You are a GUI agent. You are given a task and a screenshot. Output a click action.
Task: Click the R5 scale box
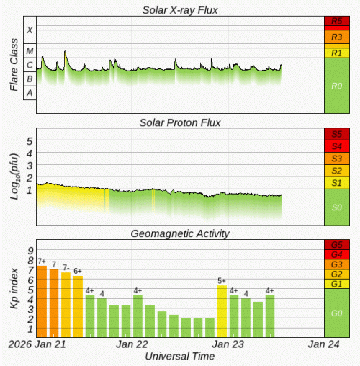click(x=336, y=22)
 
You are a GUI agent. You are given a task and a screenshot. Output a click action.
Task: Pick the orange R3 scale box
click(x=336, y=36)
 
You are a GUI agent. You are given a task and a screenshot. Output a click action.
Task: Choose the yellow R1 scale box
click(x=336, y=53)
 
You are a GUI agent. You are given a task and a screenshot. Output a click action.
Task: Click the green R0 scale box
click(x=336, y=85)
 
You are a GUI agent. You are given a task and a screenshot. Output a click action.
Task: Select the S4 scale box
click(x=336, y=146)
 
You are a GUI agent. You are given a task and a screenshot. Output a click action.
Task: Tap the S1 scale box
click(x=336, y=183)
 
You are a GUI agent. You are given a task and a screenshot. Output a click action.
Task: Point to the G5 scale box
click(x=336, y=245)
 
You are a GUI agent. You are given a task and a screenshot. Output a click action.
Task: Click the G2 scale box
click(x=336, y=274)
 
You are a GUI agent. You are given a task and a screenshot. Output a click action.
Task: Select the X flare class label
click(x=30, y=30)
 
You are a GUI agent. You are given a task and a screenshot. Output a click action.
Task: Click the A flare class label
click(x=30, y=93)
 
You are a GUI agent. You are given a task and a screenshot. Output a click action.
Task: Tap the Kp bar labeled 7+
click(x=42, y=301)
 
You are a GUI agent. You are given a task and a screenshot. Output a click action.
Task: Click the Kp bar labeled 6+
click(x=78, y=306)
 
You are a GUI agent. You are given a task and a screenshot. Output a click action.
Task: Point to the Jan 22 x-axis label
click(x=132, y=344)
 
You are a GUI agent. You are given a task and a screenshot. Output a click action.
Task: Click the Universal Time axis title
click(x=179, y=357)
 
